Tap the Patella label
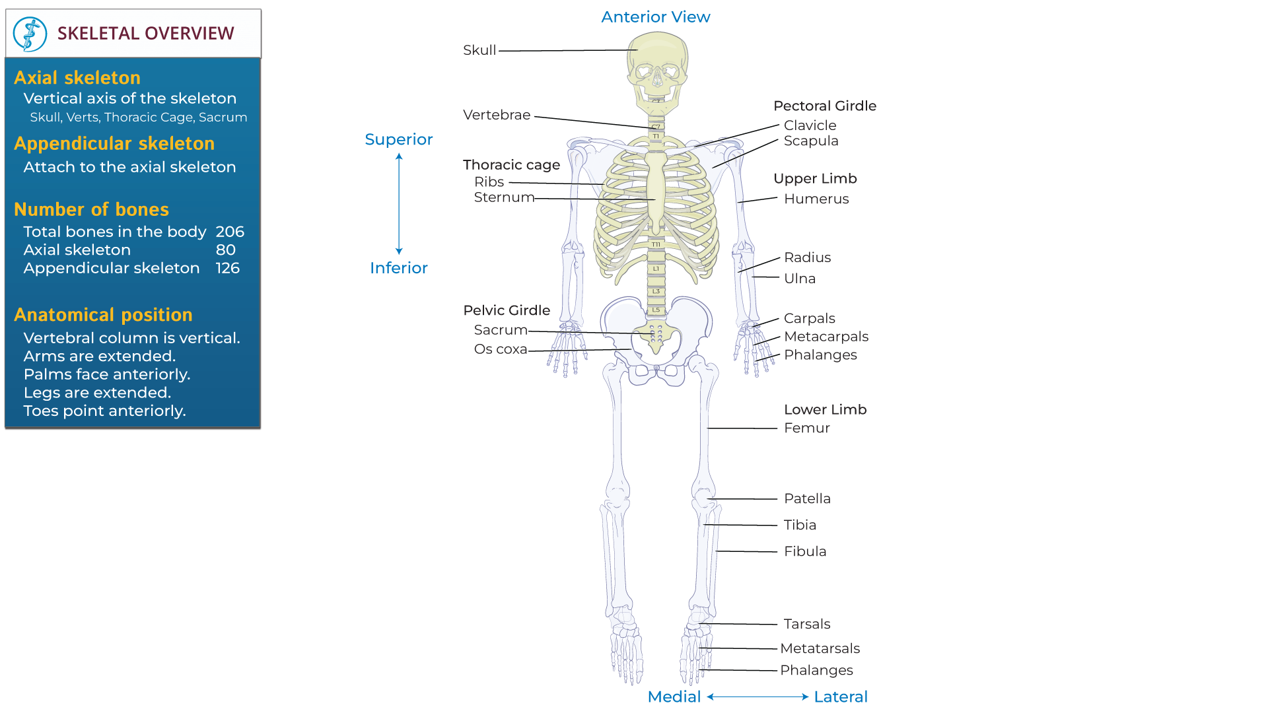point(807,498)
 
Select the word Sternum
point(504,197)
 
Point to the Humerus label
point(816,199)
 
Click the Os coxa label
point(501,349)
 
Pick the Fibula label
point(805,551)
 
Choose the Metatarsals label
point(820,648)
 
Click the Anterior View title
point(655,17)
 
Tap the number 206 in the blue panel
point(230,232)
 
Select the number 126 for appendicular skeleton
point(227,268)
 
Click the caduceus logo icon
point(30,34)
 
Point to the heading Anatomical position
point(103,315)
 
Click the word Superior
point(398,139)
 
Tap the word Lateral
point(840,696)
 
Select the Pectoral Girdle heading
point(825,106)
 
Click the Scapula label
point(811,141)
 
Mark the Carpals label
point(809,318)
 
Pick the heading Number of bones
point(91,209)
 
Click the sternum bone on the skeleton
point(656,191)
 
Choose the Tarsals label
point(807,624)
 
